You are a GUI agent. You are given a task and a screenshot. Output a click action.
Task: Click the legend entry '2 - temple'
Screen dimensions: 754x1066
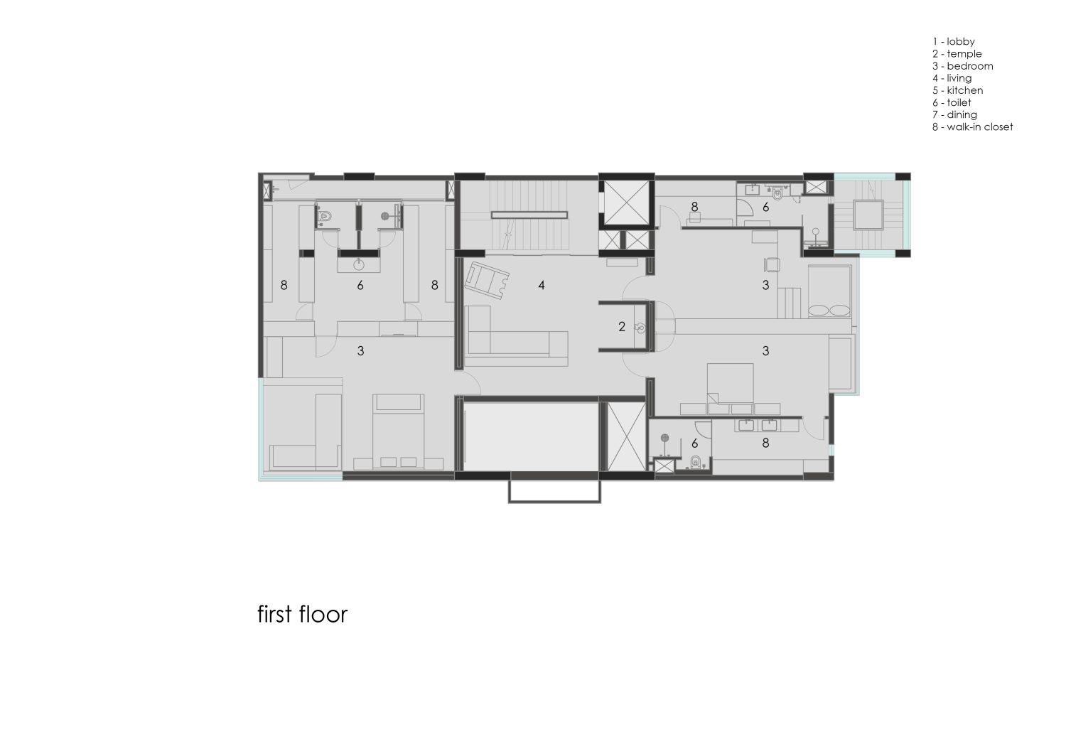957,54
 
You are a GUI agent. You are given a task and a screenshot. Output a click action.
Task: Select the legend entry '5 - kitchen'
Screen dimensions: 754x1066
958,90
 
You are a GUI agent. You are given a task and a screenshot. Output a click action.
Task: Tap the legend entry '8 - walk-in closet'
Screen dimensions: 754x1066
973,127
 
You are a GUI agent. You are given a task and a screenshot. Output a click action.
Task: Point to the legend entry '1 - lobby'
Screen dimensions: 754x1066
954,42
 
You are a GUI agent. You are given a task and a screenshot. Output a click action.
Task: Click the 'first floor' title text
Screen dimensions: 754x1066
302,614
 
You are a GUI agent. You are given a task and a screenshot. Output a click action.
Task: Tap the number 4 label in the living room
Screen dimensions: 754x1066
542,286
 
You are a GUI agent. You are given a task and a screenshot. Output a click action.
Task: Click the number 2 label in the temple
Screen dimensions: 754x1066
622,327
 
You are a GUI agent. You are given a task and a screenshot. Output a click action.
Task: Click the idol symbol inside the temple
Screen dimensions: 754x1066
640,328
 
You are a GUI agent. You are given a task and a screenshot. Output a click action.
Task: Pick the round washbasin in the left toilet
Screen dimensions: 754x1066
360,265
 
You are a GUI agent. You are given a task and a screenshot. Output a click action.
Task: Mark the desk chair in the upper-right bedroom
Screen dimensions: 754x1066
772,264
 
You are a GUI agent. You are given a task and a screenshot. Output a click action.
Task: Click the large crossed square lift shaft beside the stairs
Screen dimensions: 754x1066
625,202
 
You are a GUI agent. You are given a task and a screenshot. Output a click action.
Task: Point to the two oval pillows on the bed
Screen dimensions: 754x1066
829,311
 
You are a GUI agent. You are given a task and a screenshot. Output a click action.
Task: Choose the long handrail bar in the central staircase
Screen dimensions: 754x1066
529,214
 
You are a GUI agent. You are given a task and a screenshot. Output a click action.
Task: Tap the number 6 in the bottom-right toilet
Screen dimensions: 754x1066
694,443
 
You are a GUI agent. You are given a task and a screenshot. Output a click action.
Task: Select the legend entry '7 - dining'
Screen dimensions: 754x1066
955,115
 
